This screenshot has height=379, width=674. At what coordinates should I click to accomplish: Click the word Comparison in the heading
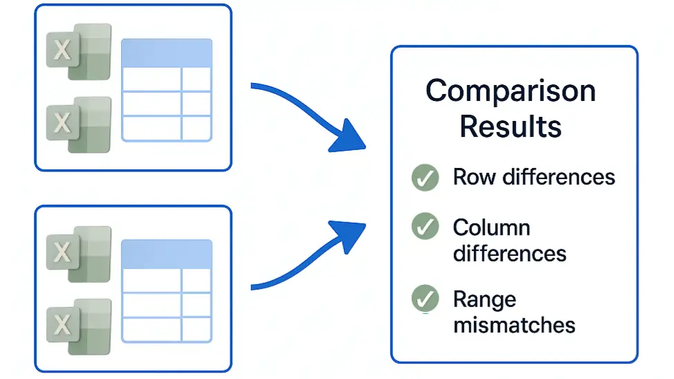pos(511,91)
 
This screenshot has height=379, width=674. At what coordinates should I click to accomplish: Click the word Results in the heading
pos(511,127)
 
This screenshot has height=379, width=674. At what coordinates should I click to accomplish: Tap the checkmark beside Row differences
pos(425,178)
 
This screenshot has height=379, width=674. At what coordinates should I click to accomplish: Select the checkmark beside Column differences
pos(425,226)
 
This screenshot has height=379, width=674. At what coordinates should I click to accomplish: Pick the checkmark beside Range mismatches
pos(425,298)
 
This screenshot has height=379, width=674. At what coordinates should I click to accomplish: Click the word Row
pos(474,177)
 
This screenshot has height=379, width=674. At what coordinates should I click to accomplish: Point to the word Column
pos(492,228)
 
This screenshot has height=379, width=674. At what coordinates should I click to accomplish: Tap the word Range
pos(485,300)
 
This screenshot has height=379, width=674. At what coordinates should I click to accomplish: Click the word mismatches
pos(514,325)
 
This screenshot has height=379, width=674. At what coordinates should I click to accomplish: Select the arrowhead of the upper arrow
pos(349,137)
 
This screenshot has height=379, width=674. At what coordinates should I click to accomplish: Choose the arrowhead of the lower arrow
pos(349,236)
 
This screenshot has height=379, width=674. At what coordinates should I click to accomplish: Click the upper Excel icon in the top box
pos(79,52)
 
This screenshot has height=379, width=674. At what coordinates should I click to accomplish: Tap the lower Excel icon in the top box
pos(79,124)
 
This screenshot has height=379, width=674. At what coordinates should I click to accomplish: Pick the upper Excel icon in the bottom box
pos(79,254)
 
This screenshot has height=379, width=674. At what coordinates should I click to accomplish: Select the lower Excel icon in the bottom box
pos(79,327)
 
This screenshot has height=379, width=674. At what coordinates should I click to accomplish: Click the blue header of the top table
pos(167,53)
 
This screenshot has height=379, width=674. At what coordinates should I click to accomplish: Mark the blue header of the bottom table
pos(167,255)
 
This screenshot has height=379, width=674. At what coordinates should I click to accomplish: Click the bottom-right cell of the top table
pos(197,128)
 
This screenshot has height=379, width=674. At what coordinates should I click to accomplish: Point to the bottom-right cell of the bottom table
pos(197,330)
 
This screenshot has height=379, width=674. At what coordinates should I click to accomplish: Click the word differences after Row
pos(559,177)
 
